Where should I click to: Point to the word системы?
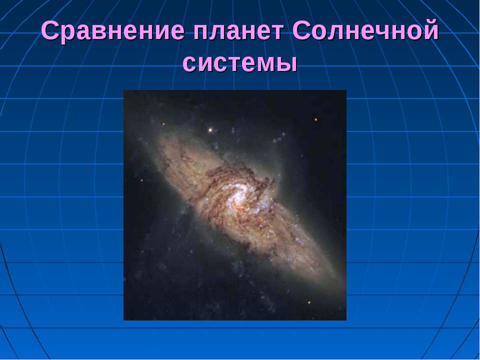pos(240,63)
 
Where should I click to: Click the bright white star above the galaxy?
pos(210,130)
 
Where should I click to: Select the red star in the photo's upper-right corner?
pos(315,120)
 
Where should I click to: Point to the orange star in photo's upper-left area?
pos(163,123)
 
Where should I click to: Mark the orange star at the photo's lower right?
pos(309,302)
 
